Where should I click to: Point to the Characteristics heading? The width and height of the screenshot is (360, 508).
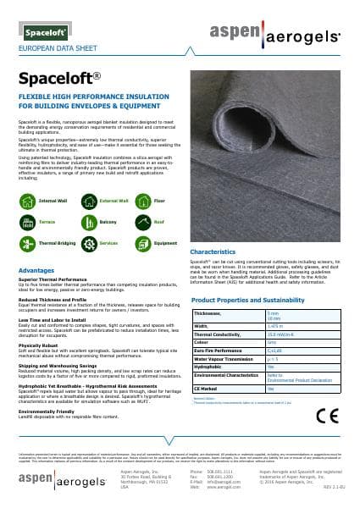[x=218, y=252]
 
